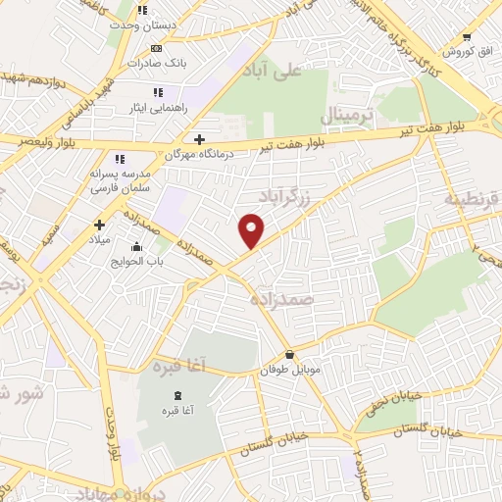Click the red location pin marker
(252, 230)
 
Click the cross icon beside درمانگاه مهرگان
(201, 140)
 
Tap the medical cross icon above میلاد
(99, 225)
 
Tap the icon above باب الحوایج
(135, 246)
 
